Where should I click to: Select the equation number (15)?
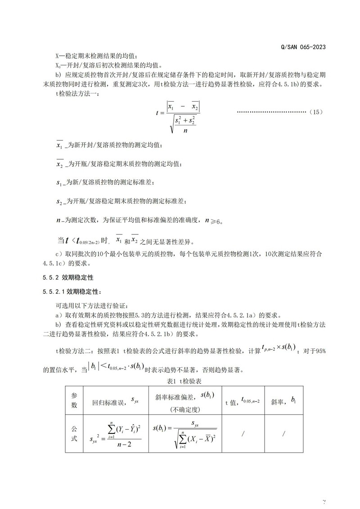click(316, 112)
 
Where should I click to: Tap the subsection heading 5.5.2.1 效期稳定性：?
click(72, 292)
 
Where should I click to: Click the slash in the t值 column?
click(243, 433)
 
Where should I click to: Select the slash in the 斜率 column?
click(284, 433)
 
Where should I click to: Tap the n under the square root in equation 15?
click(185, 131)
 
